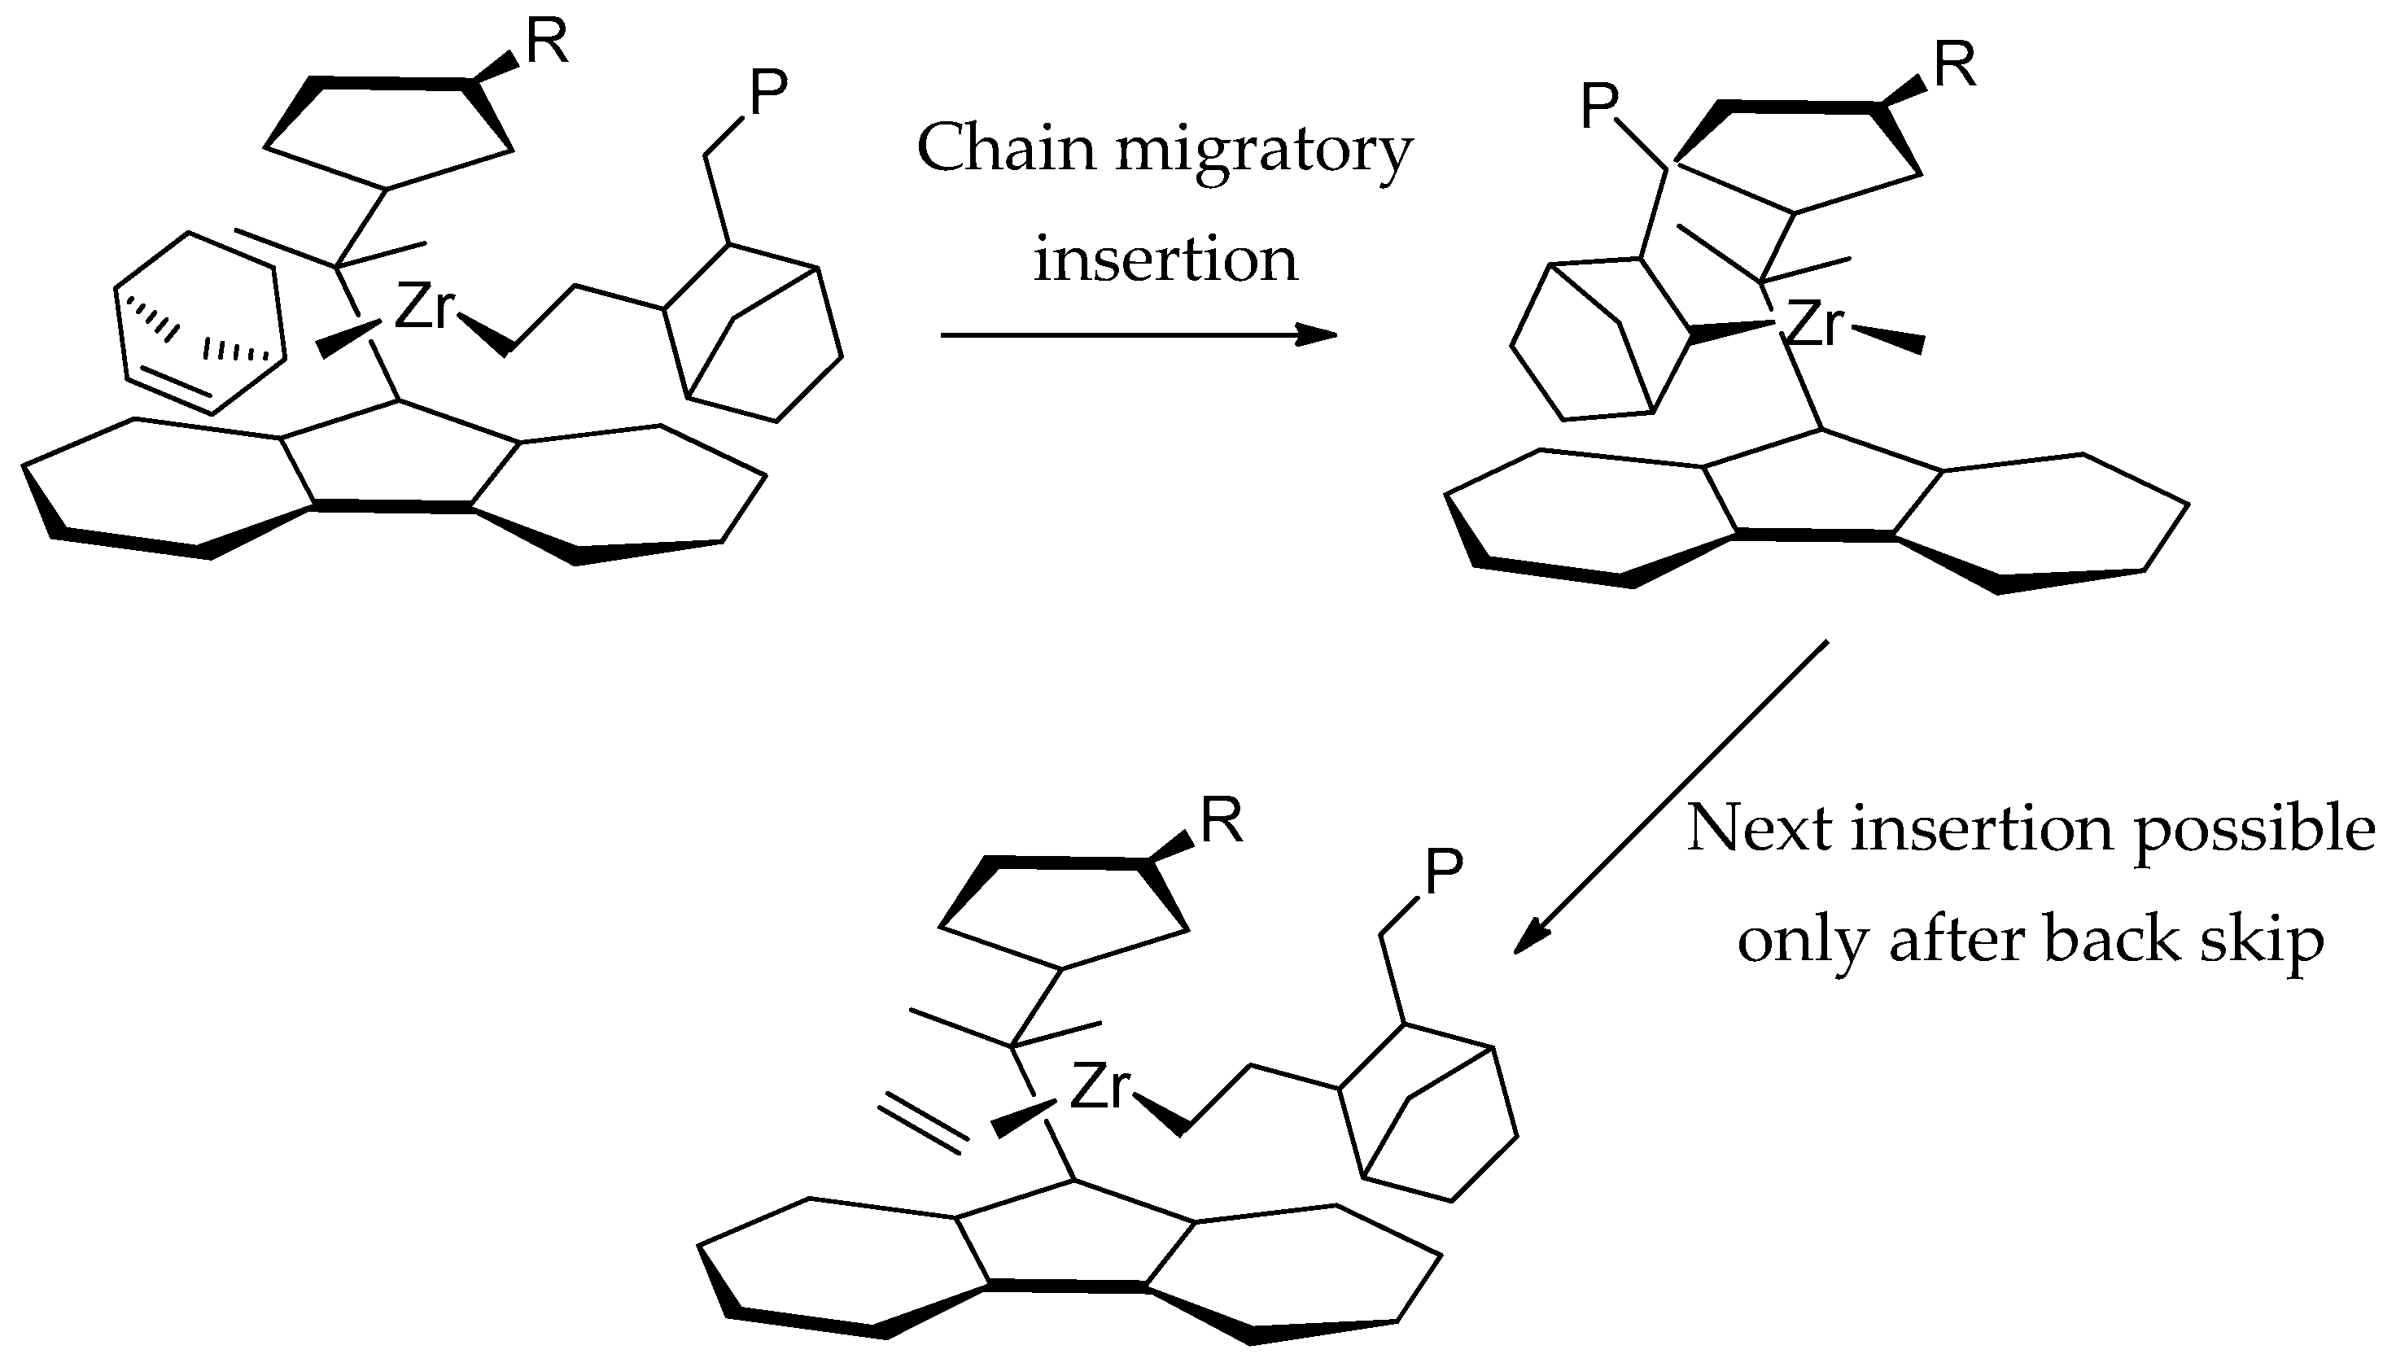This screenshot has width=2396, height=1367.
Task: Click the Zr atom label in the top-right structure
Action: [x=1814, y=325]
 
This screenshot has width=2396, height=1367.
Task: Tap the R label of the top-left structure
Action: [x=546, y=43]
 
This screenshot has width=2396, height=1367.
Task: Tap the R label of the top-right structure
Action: [x=1955, y=67]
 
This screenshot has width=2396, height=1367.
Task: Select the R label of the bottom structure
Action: [x=1222, y=822]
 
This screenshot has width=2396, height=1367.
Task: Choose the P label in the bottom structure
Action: [x=1443, y=872]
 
